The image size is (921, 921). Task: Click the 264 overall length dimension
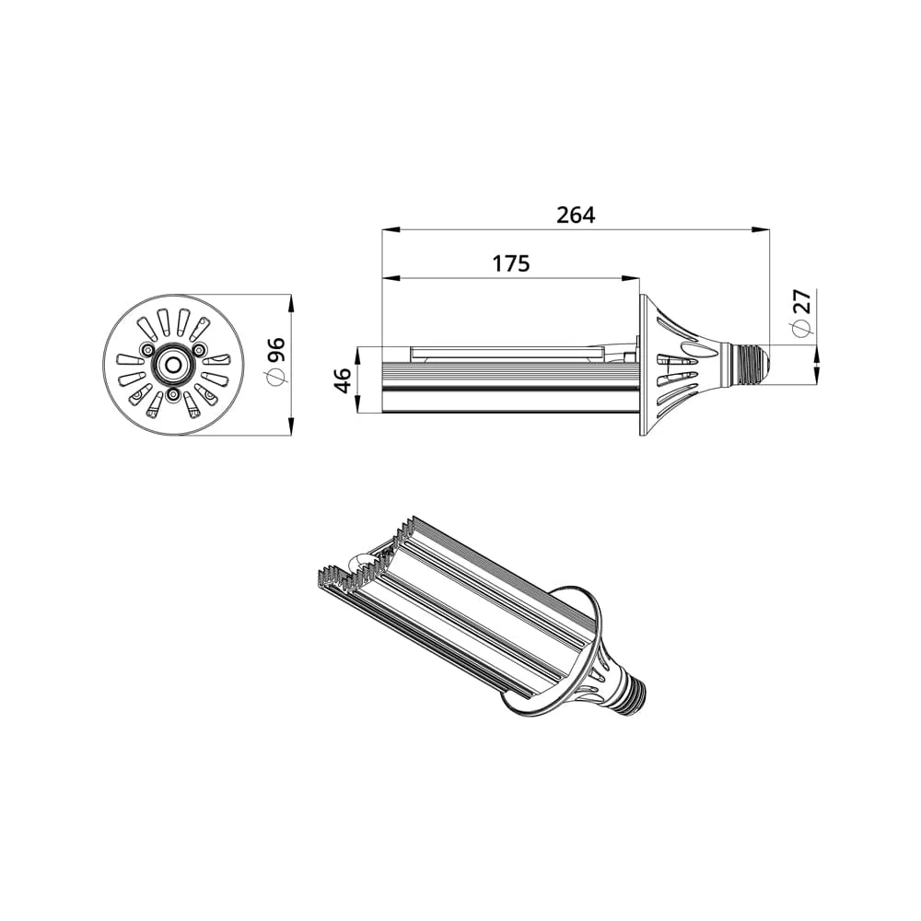[x=576, y=215]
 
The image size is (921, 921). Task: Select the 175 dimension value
[x=510, y=263]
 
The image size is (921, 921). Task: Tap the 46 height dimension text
[x=342, y=380]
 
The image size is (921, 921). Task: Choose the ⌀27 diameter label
[x=801, y=313]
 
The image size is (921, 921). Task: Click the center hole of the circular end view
[x=173, y=365]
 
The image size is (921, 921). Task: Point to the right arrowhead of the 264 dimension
[x=762, y=229]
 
